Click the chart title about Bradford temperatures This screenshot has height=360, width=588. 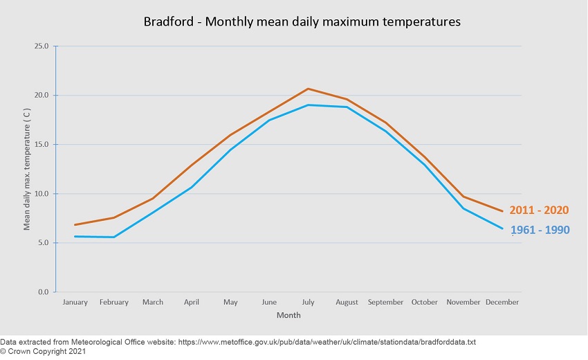[x=302, y=21]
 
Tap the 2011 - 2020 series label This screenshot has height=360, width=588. [x=539, y=210]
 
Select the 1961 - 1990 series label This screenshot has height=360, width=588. [x=540, y=230]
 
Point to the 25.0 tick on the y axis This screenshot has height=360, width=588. [x=41, y=46]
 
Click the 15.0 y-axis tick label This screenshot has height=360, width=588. [x=41, y=145]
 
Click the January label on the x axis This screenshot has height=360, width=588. [x=75, y=303]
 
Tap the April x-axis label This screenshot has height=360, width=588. [x=192, y=303]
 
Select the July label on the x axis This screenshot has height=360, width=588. [x=308, y=303]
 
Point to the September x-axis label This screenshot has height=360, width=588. [x=385, y=303]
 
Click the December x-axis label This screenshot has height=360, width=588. [x=502, y=303]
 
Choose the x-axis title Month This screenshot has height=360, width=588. [x=288, y=316]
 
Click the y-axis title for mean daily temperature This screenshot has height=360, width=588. [x=27, y=170]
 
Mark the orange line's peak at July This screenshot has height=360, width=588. [x=308, y=89]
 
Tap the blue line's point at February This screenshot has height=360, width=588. [x=114, y=237]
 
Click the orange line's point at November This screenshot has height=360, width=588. [x=463, y=197]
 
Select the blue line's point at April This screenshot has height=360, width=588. [x=192, y=187]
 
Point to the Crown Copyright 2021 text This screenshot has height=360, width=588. [x=43, y=352]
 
